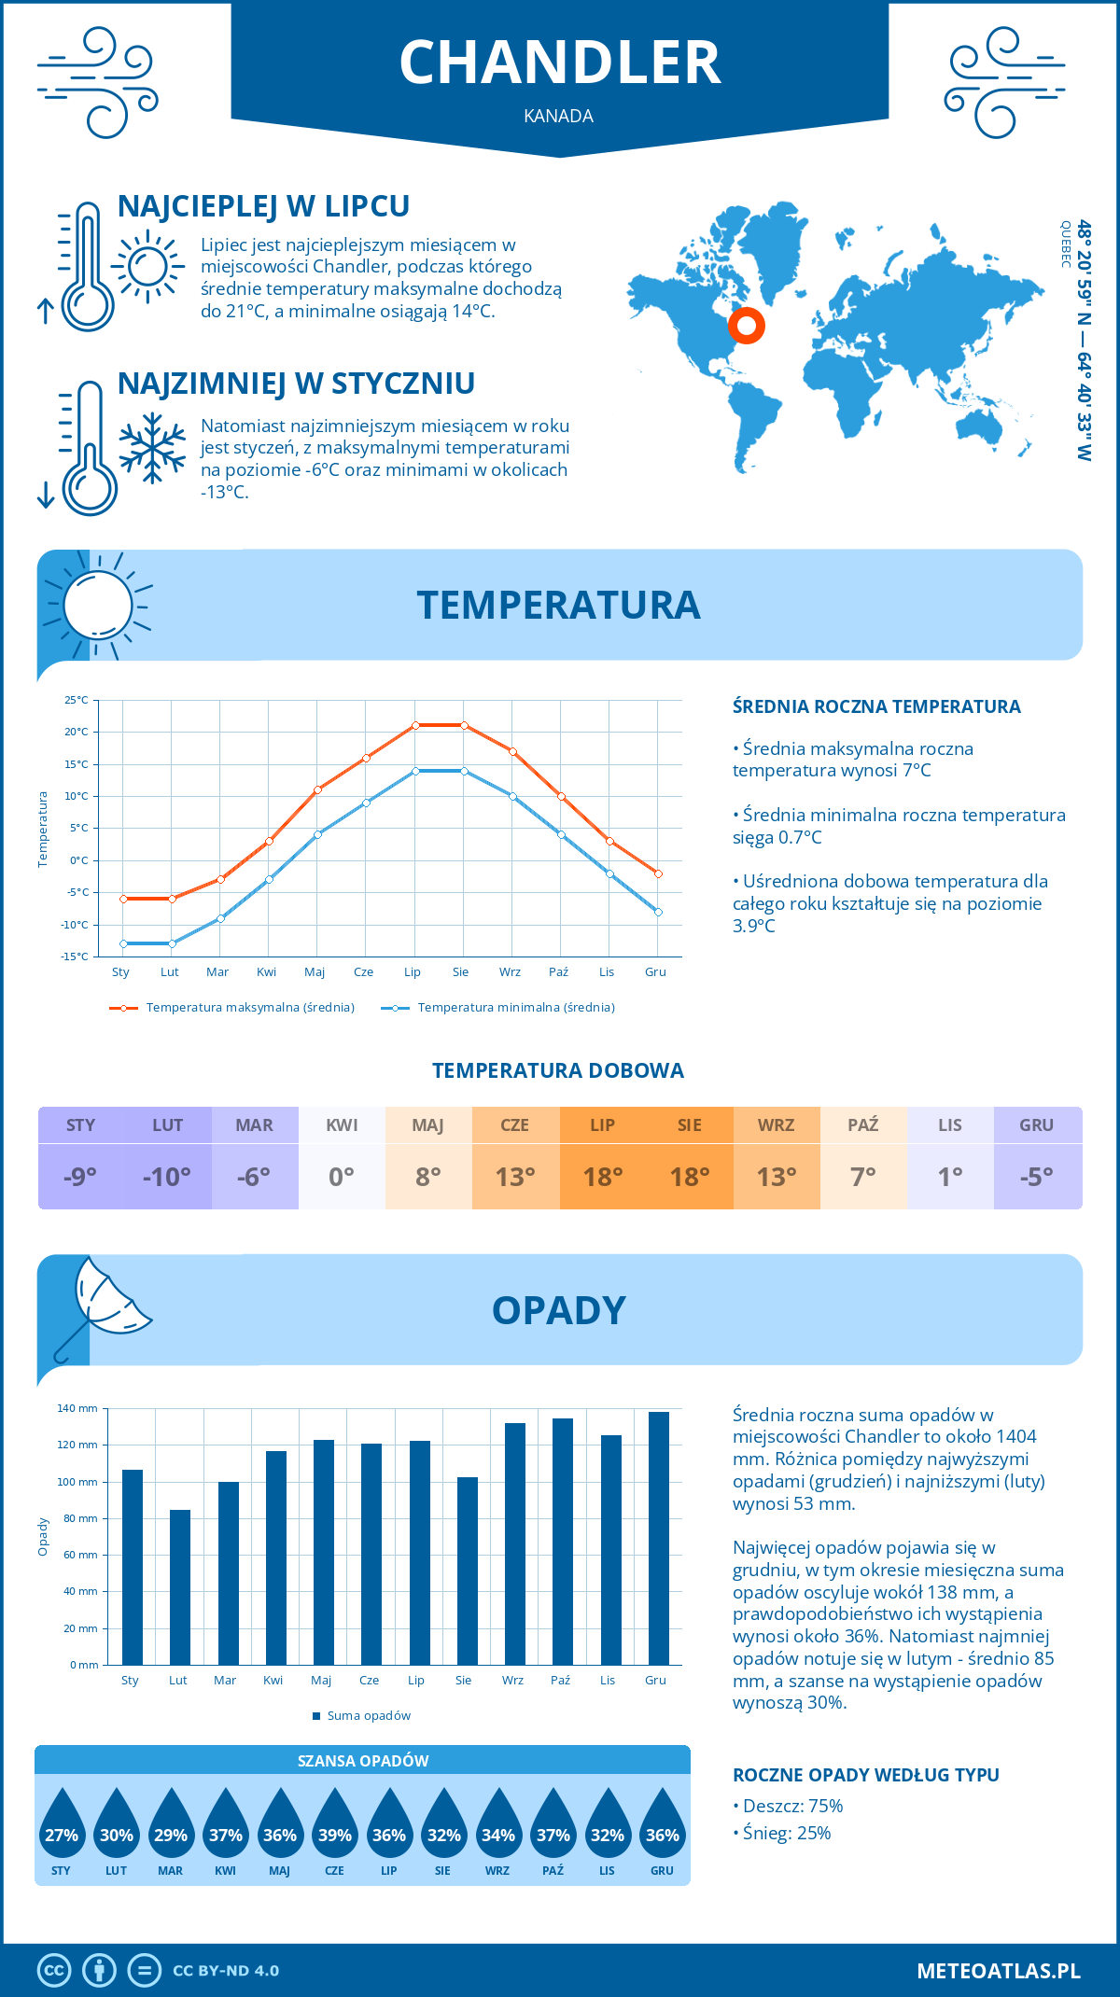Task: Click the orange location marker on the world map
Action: click(x=746, y=326)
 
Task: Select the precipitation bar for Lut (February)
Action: click(x=180, y=1586)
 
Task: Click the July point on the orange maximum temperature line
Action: click(x=415, y=725)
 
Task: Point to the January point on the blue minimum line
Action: click(x=123, y=943)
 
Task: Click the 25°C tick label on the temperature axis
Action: click(x=77, y=700)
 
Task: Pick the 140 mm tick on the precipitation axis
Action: click(x=78, y=1408)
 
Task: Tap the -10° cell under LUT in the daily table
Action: click(x=167, y=1177)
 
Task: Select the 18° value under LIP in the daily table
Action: click(x=602, y=1177)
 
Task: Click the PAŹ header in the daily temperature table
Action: click(x=862, y=1125)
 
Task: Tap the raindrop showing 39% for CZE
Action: click(x=334, y=1829)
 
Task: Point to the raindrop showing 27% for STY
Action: click(x=62, y=1829)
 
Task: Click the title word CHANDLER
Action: click(x=560, y=63)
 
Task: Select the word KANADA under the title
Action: click(x=559, y=116)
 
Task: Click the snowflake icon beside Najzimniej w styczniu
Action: click(x=152, y=448)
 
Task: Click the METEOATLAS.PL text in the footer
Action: click(x=999, y=1970)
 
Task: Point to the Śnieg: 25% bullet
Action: click(x=787, y=1833)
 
